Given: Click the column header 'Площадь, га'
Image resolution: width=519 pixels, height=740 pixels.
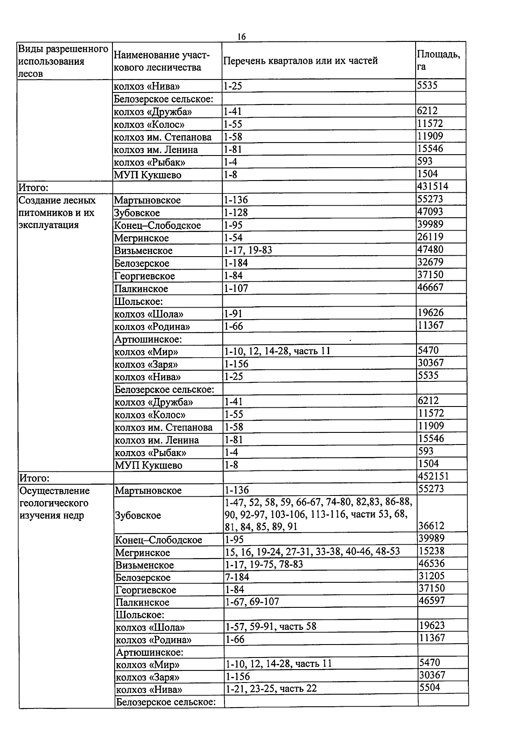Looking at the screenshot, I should [438, 60].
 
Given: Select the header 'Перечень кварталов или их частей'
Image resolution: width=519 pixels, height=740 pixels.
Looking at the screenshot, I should [300, 61].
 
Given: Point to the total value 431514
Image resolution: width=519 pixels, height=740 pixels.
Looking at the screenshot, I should [432, 187].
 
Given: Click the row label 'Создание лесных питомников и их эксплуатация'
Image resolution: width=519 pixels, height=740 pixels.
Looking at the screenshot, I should [57, 213].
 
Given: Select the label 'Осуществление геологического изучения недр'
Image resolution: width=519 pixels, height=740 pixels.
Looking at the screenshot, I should [54, 503].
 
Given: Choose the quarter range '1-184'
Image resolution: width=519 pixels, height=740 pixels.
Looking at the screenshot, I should [236, 263].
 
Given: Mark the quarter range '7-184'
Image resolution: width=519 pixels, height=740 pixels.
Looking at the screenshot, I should [237, 577].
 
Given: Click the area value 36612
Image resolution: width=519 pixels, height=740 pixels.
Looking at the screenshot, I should [432, 526].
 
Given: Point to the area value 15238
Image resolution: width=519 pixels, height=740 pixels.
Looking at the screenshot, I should [432, 551].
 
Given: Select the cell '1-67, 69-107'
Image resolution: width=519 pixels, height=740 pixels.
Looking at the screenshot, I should [252, 602].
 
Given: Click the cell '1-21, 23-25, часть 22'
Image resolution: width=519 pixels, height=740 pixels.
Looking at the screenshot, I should [271, 689].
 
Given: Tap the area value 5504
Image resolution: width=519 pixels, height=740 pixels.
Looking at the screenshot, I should [429, 687].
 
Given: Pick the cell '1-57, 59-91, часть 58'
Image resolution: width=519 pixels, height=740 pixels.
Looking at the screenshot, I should [271, 626].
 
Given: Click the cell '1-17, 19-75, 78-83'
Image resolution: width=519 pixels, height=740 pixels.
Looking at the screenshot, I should [264, 565].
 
